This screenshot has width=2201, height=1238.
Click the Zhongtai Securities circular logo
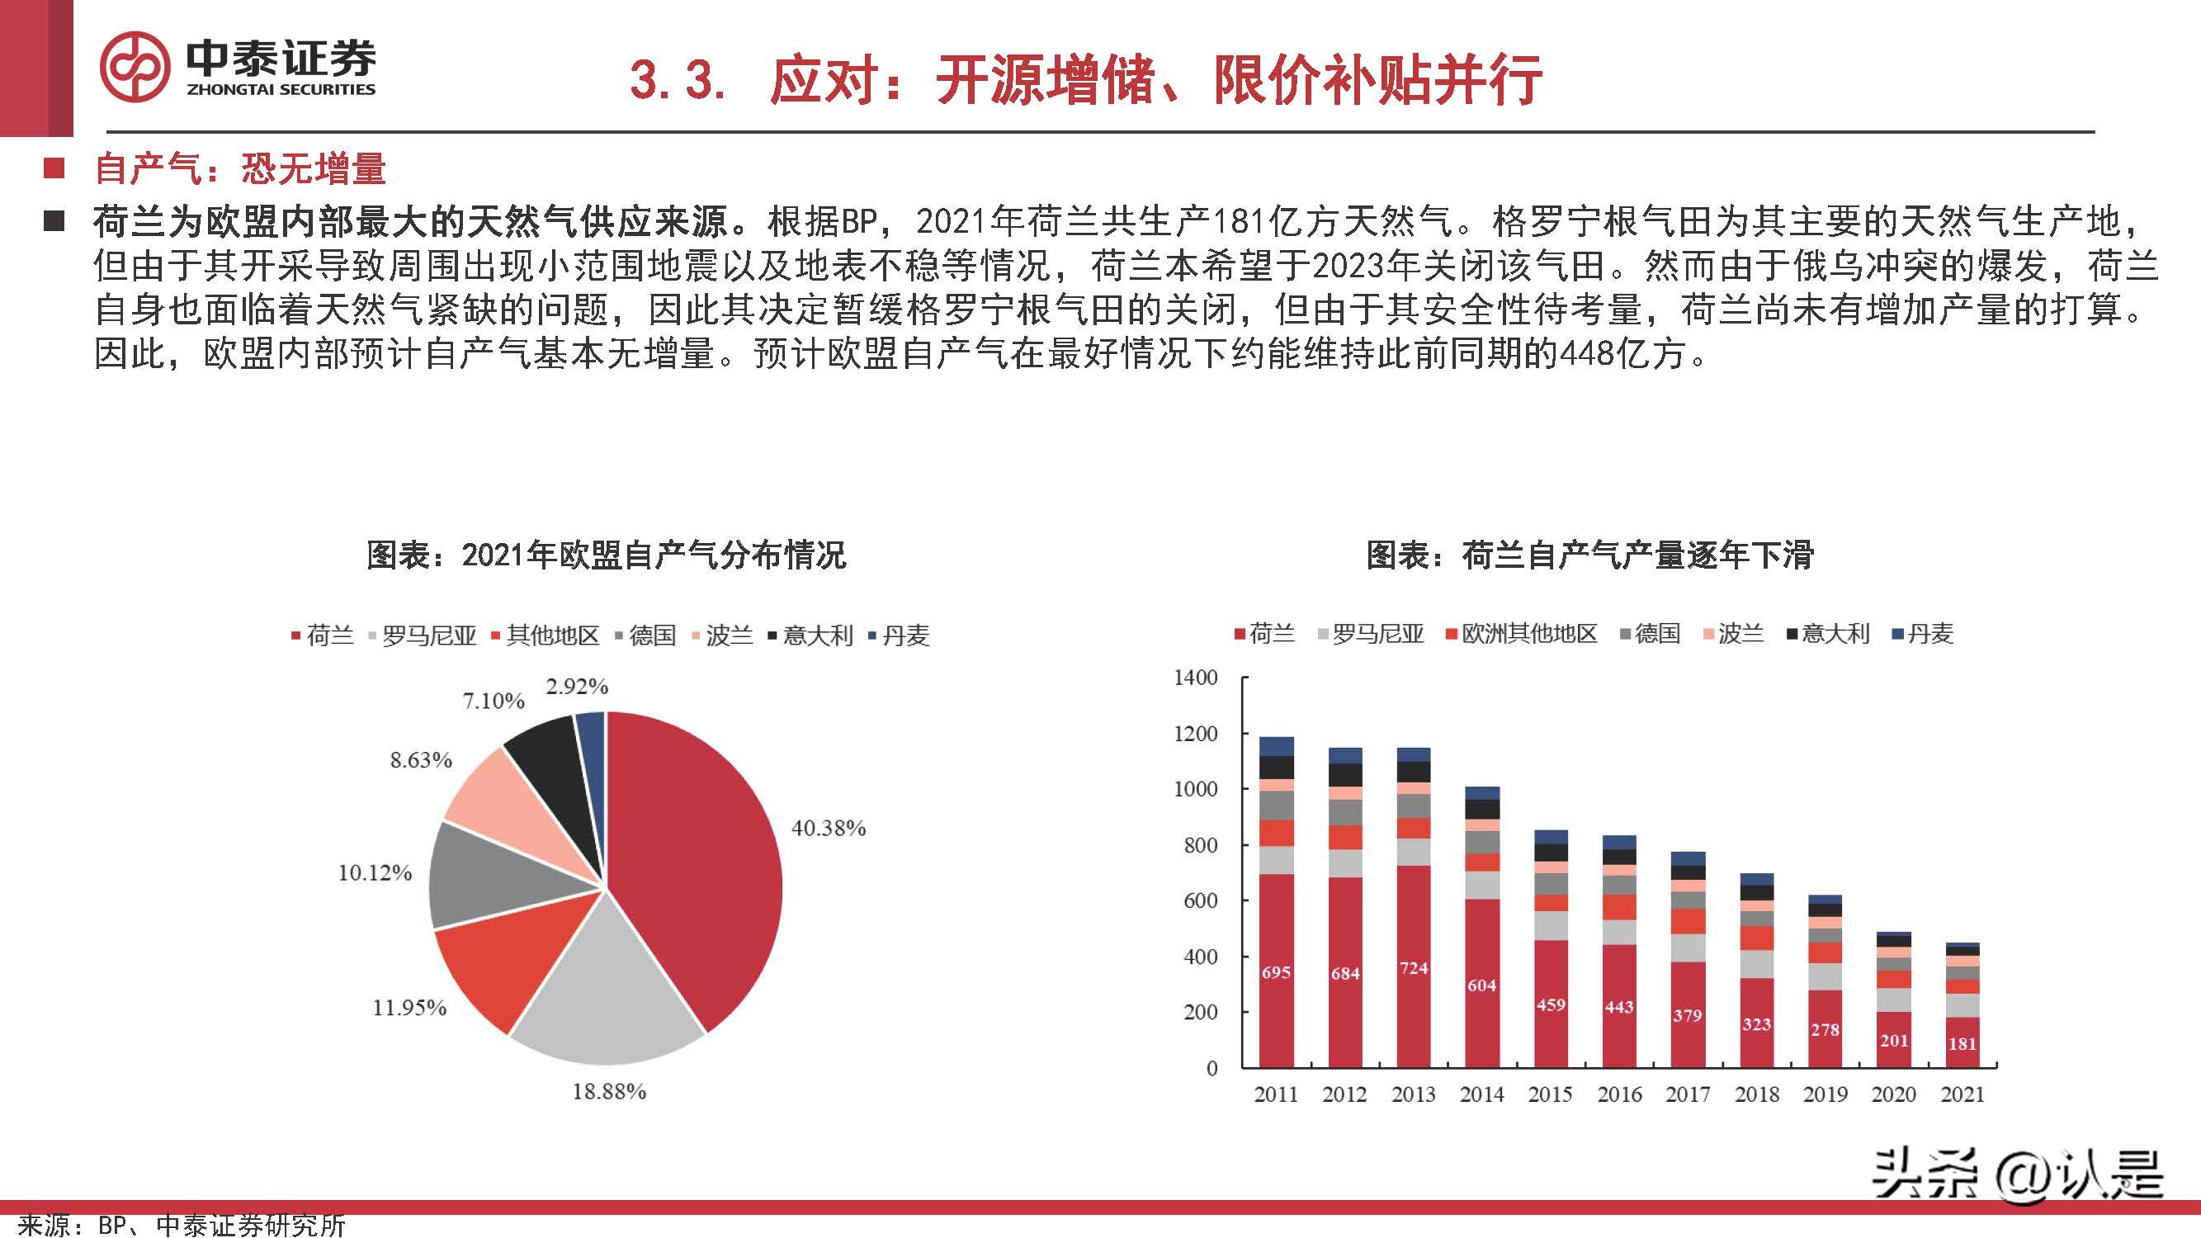click(135, 67)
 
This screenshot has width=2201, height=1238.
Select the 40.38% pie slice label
click(828, 828)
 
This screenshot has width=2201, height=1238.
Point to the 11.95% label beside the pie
click(409, 1009)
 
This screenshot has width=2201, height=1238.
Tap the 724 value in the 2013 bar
click(1413, 968)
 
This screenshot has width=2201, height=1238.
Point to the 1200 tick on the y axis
click(1195, 734)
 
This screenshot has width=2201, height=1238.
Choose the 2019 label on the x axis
click(1824, 1094)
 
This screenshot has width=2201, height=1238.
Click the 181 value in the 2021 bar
click(1962, 1044)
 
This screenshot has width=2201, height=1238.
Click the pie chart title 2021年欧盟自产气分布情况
click(606, 556)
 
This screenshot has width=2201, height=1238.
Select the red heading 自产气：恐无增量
click(240, 168)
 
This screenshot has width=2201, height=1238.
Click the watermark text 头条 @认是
click(2016, 1174)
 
